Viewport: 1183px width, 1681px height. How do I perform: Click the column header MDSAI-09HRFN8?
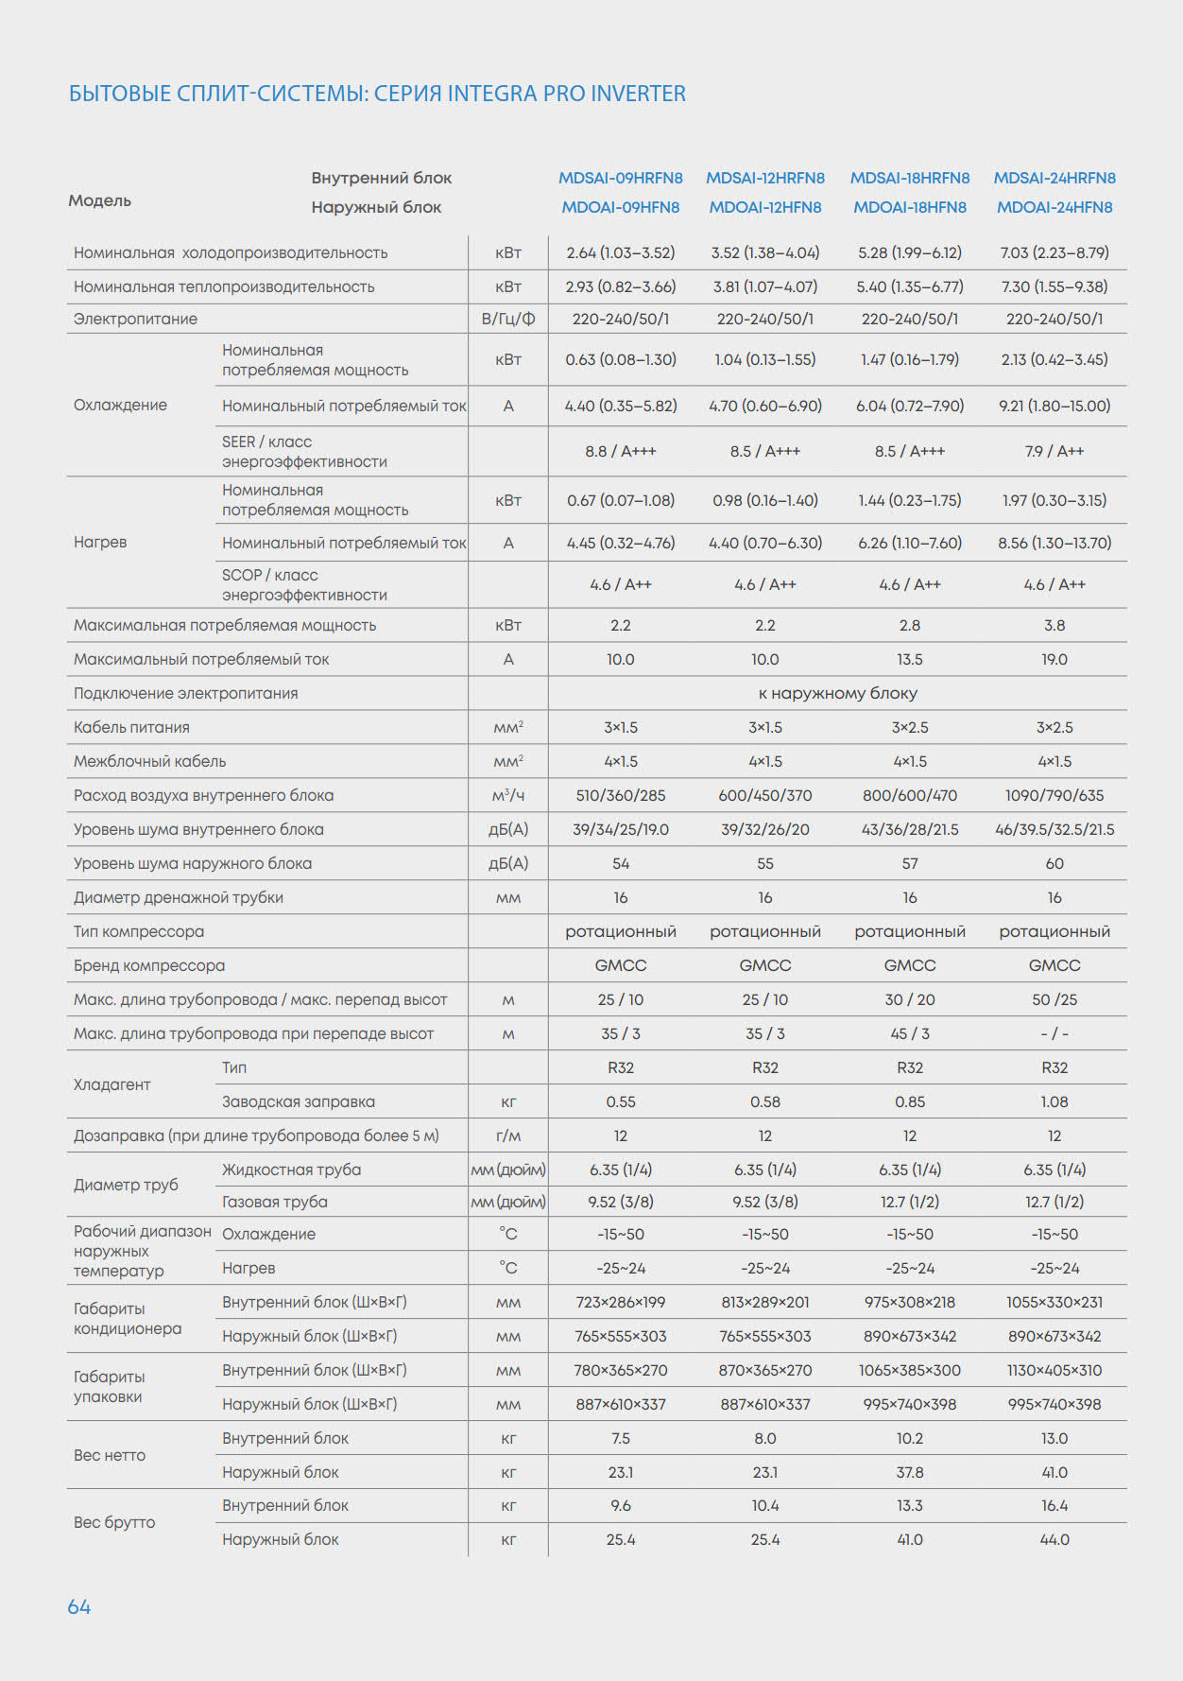620,178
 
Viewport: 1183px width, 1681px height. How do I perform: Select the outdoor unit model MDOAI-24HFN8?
1054,207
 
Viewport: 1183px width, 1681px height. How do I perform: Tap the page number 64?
78,1606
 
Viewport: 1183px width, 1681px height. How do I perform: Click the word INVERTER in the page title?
638,94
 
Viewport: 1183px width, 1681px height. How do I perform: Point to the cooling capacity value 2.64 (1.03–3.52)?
620,252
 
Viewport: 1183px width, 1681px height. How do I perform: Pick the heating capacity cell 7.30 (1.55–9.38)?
1054,286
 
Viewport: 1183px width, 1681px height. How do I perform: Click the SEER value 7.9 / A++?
1054,451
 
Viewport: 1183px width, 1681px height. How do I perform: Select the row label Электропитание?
135,319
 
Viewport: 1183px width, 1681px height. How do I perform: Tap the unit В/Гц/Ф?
508,319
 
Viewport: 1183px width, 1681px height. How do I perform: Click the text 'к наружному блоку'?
837,693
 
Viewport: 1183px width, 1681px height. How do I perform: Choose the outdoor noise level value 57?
910,863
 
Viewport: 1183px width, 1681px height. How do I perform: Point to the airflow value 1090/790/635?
1054,795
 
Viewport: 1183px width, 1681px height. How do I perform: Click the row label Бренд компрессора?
149,965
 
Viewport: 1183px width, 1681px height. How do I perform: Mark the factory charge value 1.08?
1054,1101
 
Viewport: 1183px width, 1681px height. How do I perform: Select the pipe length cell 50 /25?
1054,999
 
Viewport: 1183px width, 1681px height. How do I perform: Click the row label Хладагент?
111,1084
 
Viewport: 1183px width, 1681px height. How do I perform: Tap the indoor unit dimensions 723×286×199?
620,1302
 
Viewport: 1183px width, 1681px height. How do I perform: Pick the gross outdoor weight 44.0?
1054,1539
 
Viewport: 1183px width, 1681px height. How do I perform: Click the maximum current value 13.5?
910,659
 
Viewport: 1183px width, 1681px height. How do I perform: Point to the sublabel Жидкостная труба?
291,1170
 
